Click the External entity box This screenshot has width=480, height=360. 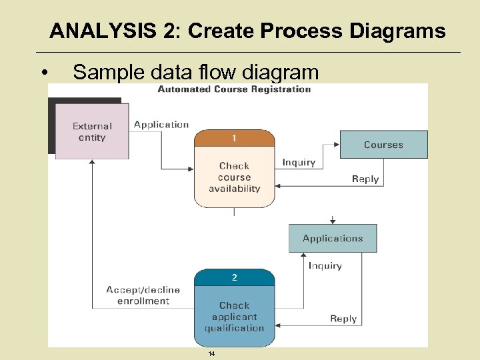[92, 131]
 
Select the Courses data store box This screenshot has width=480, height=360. [383, 145]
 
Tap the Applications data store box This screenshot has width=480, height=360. [332, 238]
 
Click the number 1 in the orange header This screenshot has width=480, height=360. [234, 138]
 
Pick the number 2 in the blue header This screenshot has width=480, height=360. [234, 277]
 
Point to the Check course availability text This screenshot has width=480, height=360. [234, 177]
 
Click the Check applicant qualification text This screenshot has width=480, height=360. [234, 317]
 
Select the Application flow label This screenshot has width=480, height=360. [161, 125]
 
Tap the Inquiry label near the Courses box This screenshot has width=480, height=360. [299, 162]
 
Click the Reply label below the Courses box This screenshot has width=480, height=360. [365, 179]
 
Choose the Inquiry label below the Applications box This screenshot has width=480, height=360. [325, 265]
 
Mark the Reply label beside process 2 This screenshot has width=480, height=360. [343, 319]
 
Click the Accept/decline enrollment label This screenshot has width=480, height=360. [143, 295]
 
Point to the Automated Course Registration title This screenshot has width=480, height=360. [234, 89]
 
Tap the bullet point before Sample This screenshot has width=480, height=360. [43, 73]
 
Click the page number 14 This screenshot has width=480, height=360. [211, 353]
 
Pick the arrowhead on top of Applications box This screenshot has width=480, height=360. [332, 221]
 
